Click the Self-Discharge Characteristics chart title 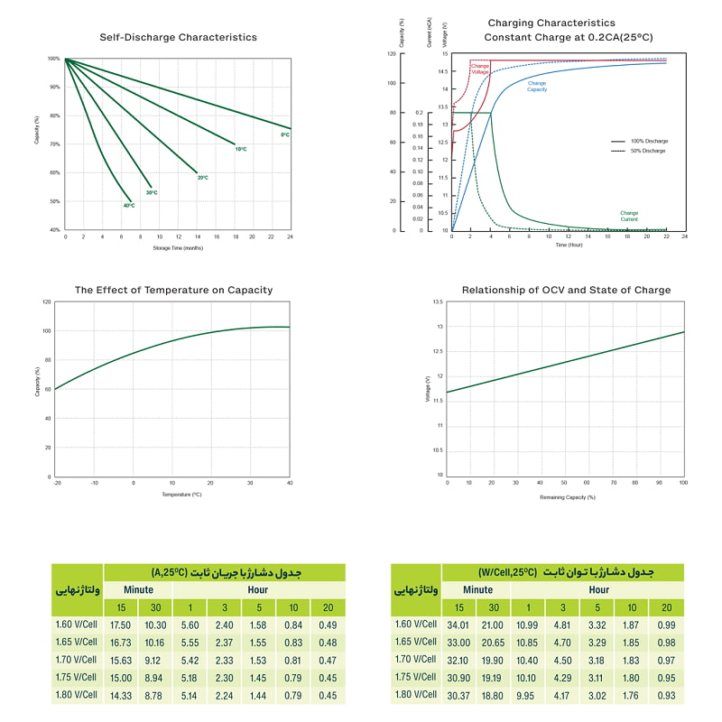click(x=178, y=37)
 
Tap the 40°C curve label click(x=129, y=206)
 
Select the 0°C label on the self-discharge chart click(x=284, y=134)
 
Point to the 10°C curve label click(x=241, y=149)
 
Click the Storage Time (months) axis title click(x=178, y=248)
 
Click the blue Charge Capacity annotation click(x=537, y=86)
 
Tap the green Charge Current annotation click(x=629, y=216)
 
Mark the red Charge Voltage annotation click(x=480, y=68)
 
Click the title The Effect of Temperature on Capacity click(x=173, y=291)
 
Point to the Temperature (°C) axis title click(x=181, y=495)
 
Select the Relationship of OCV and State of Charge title click(x=566, y=291)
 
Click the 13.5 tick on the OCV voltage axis click(x=438, y=302)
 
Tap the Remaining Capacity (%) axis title click(x=567, y=497)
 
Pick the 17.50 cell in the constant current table click(x=120, y=625)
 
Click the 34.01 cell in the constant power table click(x=458, y=625)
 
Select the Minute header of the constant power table click(x=476, y=589)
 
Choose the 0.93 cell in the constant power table click(x=666, y=695)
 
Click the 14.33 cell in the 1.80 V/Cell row click(x=120, y=695)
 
